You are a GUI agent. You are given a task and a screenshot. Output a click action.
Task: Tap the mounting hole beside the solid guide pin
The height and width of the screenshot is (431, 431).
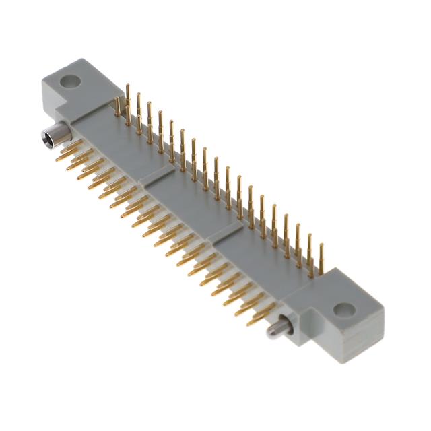343,310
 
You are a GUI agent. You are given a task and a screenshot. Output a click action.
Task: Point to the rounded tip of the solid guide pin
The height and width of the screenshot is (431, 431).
269,332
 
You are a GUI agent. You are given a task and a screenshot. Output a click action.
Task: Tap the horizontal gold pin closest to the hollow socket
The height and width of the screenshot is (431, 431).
67,150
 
